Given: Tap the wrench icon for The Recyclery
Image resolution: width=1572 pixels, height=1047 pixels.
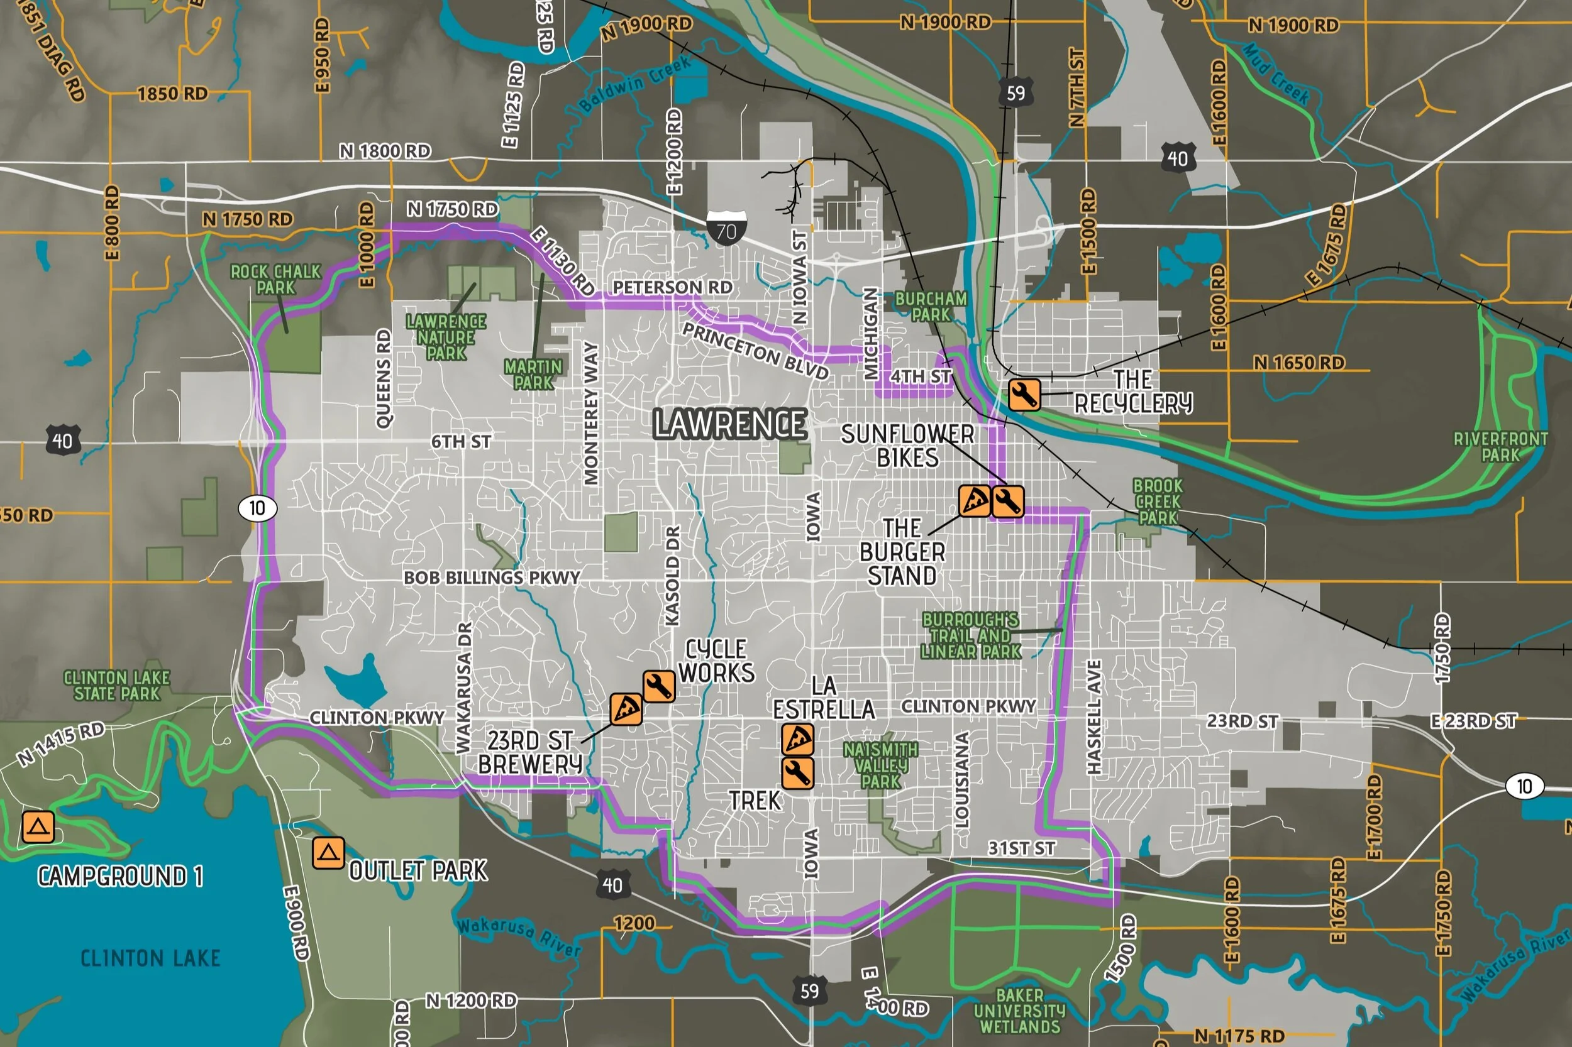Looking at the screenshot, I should (1024, 395).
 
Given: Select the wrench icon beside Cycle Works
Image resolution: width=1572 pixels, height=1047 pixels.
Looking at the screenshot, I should (659, 686).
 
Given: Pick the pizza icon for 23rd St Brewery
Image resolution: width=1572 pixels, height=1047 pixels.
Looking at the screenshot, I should (626, 709).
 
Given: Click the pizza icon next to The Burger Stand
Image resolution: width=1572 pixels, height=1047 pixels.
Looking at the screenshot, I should (974, 501).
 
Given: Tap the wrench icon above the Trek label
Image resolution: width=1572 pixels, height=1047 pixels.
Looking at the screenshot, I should (798, 773).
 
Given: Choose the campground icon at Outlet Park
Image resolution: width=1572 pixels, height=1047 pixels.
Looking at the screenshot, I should (328, 853).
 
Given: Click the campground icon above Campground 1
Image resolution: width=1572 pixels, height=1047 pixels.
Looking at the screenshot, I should (38, 826).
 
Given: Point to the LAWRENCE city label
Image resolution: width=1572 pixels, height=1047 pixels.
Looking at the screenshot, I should (729, 424).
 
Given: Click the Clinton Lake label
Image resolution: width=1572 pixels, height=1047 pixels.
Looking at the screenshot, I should (150, 958).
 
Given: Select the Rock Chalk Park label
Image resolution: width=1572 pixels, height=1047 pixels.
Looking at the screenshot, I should (275, 280).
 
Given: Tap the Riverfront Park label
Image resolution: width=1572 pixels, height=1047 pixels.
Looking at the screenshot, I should (1500, 447).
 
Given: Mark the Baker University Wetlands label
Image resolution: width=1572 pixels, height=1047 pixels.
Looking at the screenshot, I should (1019, 1011).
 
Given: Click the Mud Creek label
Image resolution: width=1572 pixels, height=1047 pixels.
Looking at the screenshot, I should (1276, 74).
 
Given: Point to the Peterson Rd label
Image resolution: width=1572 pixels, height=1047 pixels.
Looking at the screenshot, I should (672, 287).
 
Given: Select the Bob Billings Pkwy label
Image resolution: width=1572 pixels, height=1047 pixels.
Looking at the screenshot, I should (492, 578).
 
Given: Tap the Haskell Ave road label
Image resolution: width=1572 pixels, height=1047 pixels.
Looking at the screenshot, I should (1093, 717).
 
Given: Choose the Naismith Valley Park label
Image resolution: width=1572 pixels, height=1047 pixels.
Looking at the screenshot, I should (880, 765).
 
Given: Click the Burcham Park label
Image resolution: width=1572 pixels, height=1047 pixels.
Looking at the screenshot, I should (931, 307).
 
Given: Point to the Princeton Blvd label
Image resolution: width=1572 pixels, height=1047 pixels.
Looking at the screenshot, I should (755, 351).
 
